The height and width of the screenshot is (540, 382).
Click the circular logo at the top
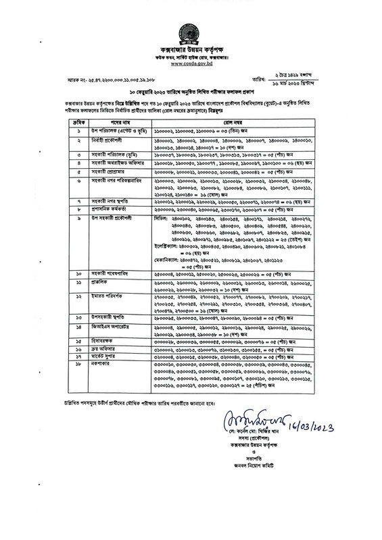coord(191,34)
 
